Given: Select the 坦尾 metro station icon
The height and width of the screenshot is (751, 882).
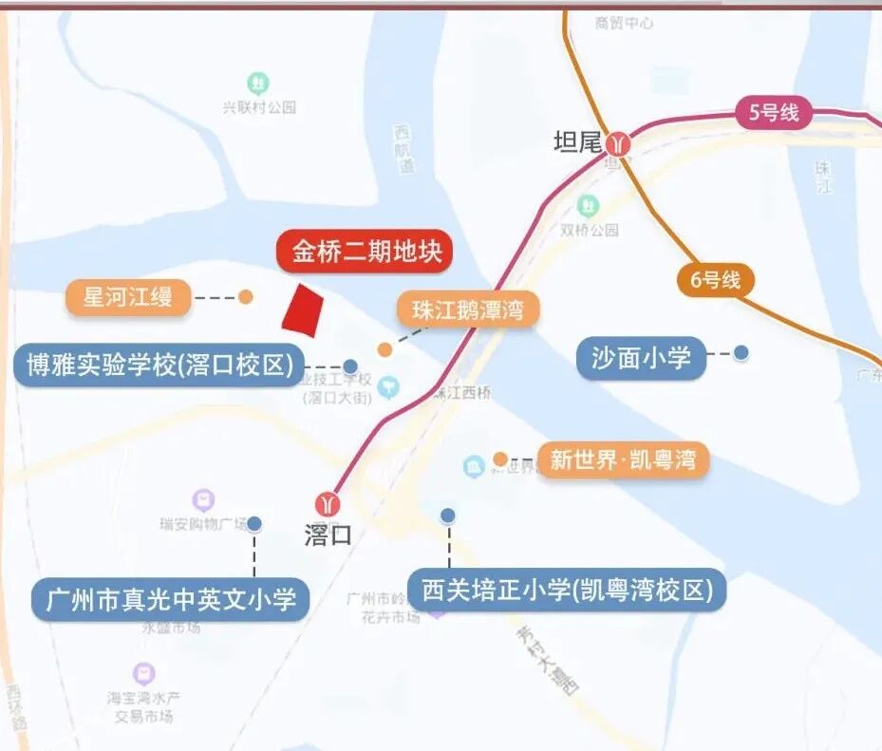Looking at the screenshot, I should coord(620,142).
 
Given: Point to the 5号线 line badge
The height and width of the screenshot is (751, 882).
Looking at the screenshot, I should coord(774,113).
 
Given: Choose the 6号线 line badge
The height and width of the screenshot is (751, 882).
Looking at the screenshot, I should coord(715,280).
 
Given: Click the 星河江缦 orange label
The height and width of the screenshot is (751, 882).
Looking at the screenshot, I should coord(128,297).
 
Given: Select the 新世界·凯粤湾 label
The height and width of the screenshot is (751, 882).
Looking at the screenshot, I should coord(623,460).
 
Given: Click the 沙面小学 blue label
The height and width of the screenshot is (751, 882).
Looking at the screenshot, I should coord(641,357).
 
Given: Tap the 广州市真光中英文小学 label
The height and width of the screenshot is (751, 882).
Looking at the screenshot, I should coord(171,599).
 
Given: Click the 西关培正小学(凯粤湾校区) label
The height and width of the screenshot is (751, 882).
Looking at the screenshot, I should coord(567,591).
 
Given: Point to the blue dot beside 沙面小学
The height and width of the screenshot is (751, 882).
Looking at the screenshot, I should coord(741,352).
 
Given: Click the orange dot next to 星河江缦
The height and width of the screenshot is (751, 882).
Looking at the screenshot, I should coord(246,296).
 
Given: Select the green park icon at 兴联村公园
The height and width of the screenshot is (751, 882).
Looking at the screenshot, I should coord(257,83).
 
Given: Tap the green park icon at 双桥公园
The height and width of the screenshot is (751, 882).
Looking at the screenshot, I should coord(588,204).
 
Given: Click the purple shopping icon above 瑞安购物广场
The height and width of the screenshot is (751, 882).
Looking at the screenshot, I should coord(203,499).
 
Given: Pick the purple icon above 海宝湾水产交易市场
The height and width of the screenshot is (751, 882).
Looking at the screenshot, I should coord(143,673).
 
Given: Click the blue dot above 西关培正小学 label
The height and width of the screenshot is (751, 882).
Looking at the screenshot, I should coord(448,516).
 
